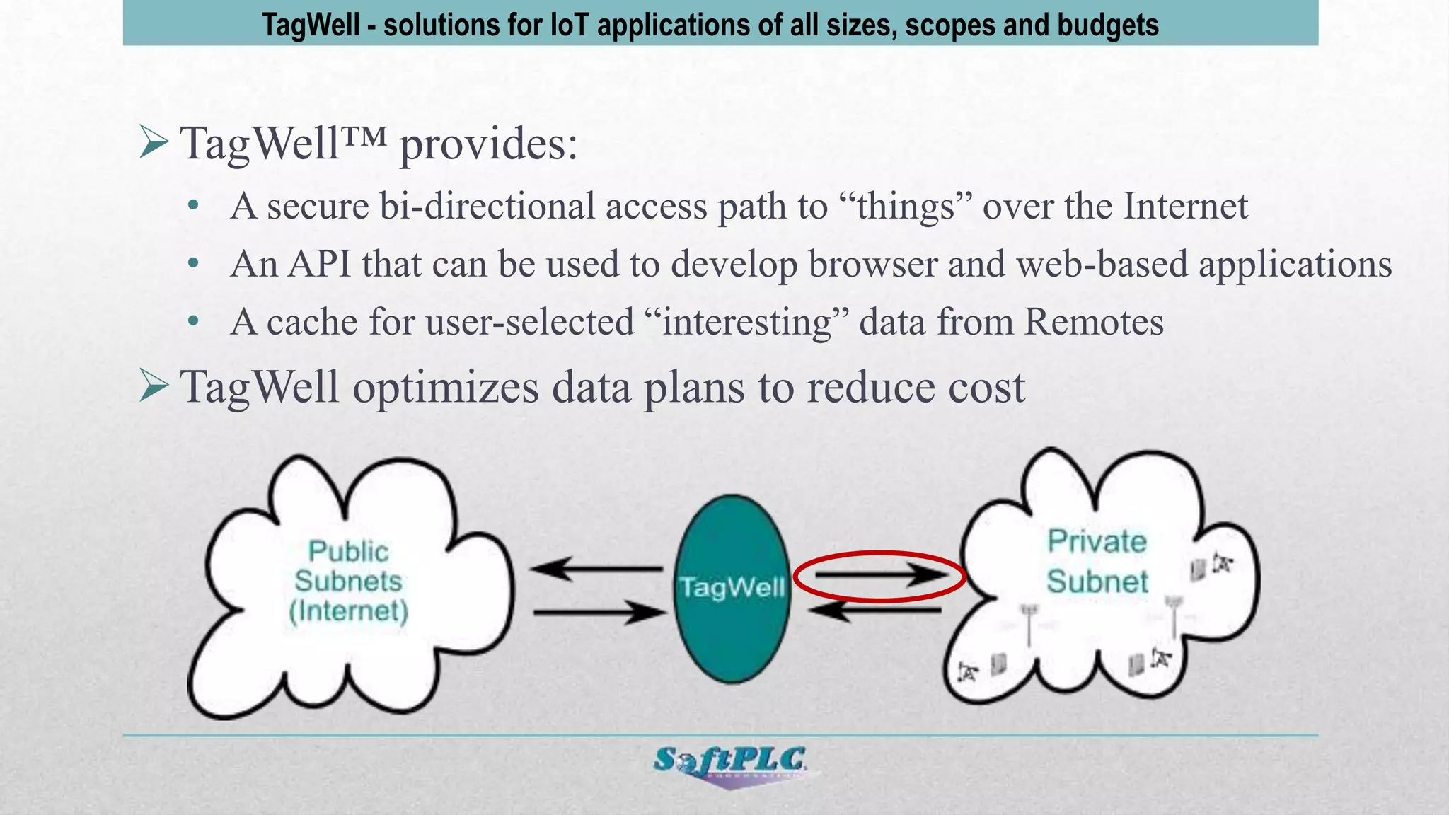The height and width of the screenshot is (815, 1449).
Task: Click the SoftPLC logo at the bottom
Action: click(x=729, y=763)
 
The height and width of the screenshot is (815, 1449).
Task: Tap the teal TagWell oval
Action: click(x=732, y=587)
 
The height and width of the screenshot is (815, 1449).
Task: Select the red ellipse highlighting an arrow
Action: click(x=879, y=577)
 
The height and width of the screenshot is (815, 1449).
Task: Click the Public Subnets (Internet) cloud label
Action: click(x=349, y=581)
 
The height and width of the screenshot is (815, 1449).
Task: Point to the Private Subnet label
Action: click(x=1097, y=561)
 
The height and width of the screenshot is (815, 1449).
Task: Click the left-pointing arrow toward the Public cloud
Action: click(x=596, y=568)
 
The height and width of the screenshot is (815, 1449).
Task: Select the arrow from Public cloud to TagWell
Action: click(x=599, y=612)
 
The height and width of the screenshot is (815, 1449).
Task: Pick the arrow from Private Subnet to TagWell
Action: click(x=875, y=610)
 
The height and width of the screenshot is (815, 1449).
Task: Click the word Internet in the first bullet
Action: click(x=1185, y=207)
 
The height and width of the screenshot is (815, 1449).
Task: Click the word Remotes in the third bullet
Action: click(x=1094, y=322)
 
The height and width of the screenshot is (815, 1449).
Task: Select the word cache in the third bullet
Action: click(x=312, y=322)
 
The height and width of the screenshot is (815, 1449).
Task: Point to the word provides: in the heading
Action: click(x=489, y=144)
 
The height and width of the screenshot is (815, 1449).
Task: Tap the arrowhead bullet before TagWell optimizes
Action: click(x=154, y=386)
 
